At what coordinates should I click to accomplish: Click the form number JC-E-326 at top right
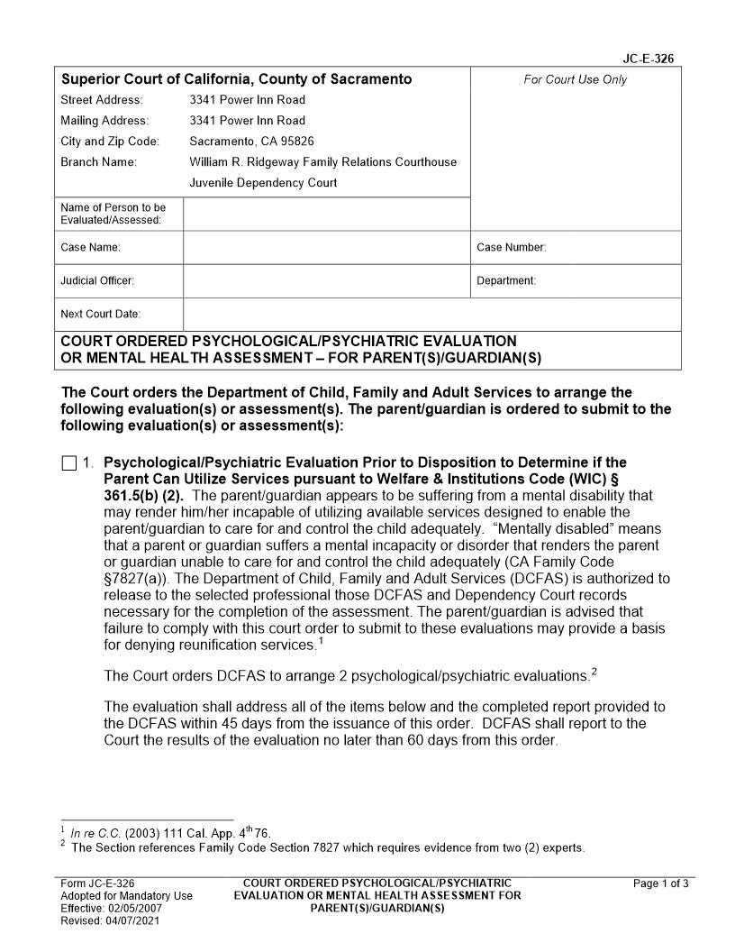pos(648,59)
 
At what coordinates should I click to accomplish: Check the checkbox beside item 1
pos(69,464)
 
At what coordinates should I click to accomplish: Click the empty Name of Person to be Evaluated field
pos(326,214)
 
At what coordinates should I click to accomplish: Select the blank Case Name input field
pos(326,247)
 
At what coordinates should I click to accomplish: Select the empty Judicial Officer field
pos(326,280)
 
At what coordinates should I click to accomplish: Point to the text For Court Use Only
pos(575,79)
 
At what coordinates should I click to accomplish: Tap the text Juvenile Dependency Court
pos(263,182)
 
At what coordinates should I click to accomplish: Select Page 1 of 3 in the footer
pos(661,883)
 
